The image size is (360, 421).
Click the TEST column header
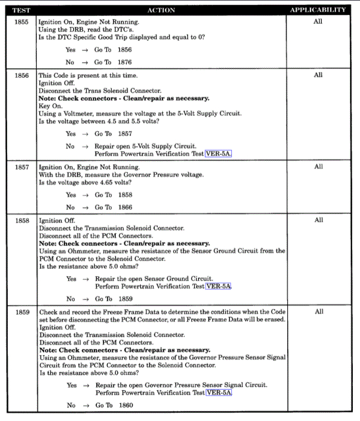(21, 10)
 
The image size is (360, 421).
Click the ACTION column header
(161, 10)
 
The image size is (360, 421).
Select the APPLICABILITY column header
(317, 10)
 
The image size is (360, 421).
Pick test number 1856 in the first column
(22, 75)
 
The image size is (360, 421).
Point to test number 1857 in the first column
(22, 167)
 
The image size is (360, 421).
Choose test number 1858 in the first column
(22, 220)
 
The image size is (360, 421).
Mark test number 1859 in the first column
(22, 311)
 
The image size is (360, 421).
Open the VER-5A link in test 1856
(218, 153)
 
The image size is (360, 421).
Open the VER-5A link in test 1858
(219, 286)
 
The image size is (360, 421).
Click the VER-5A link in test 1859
(219, 392)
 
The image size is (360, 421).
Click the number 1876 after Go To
(124, 62)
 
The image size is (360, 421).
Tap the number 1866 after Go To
(124, 207)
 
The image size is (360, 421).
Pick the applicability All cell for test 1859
(319, 311)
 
